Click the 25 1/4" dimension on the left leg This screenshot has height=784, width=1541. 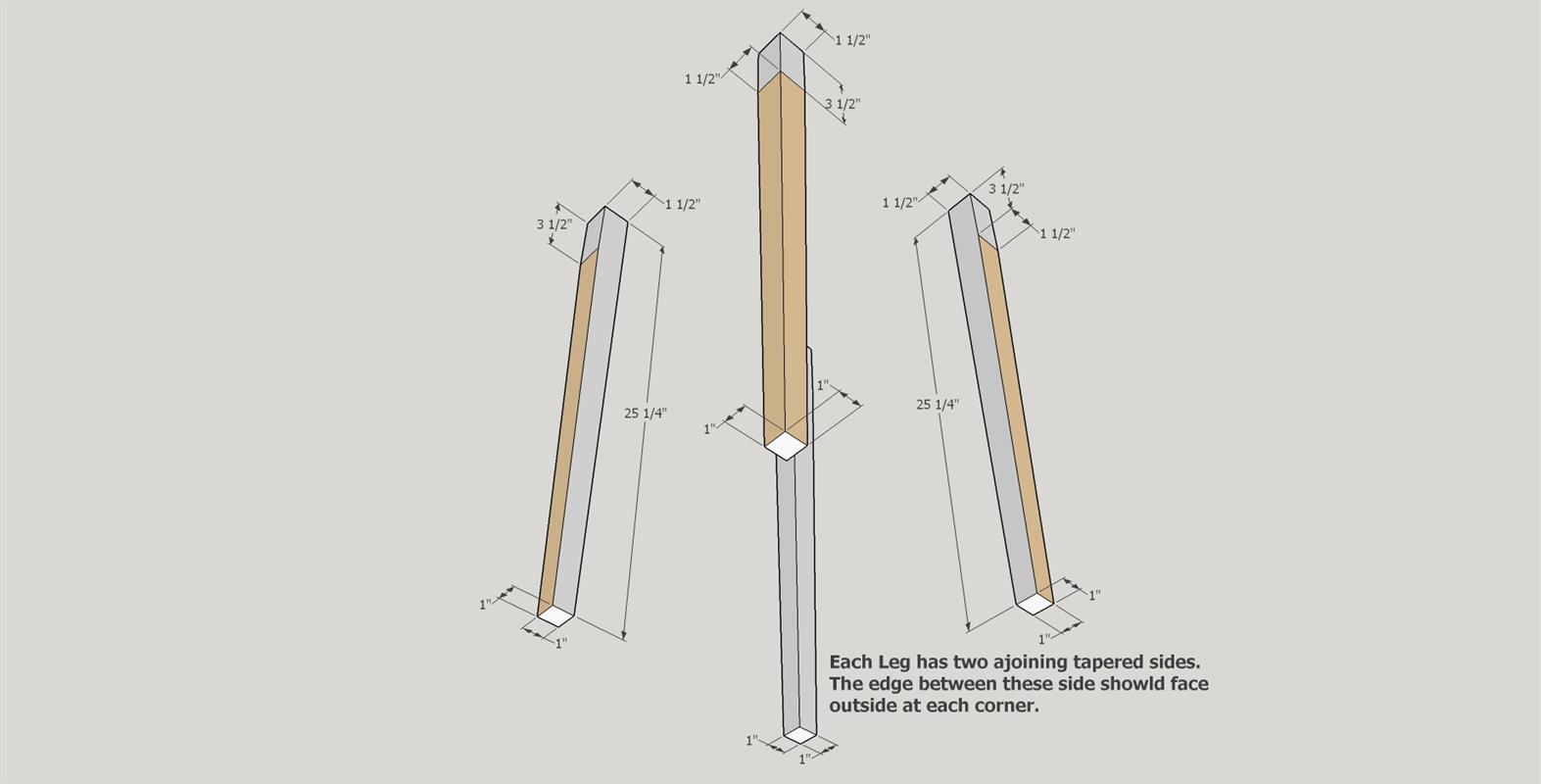tap(645, 413)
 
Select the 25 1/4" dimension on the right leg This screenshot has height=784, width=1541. tap(937, 404)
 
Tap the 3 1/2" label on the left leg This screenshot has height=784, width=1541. tap(554, 224)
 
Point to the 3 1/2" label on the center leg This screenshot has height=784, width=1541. tap(842, 104)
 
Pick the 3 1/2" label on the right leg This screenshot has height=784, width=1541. tap(1005, 189)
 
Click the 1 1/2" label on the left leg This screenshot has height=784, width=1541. tap(683, 205)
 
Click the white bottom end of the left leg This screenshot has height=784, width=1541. tap(555, 615)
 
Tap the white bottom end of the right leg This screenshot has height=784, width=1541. tap(1034, 605)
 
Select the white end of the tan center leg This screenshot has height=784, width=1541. tap(785, 447)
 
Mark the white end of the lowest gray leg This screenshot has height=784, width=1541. tap(800, 734)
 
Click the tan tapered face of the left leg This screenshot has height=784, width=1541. tap(568, 431)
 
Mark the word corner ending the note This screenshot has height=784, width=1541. tap(1006, 706)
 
